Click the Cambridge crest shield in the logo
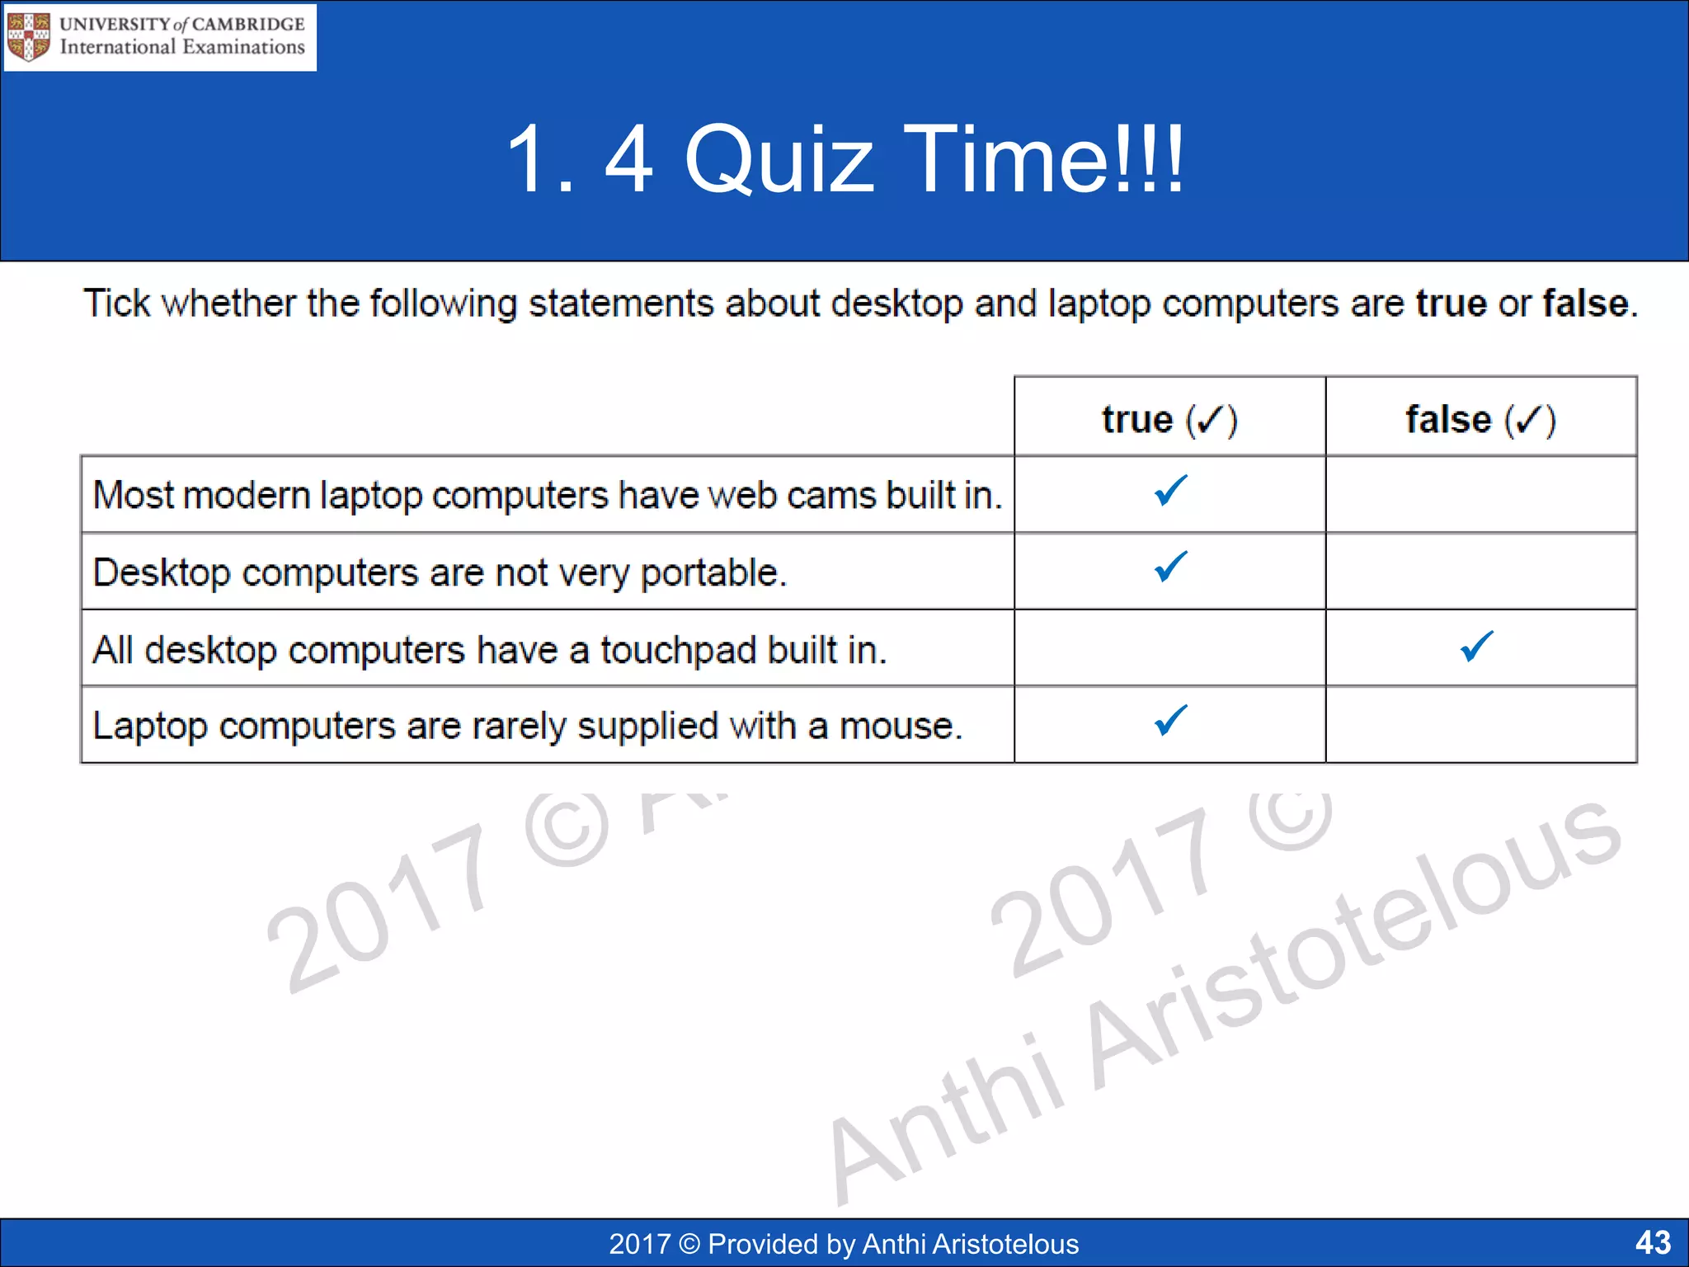(29, 37)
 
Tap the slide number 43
(1653, 1242)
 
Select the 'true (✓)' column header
(1169, 419)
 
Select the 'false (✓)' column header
(1480, 419)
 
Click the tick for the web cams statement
(1170, 491)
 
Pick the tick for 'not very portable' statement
(1170, 567)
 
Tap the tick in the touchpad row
(1476, 646)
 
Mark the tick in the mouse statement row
(1170, 720)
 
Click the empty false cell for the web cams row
(1481, 494)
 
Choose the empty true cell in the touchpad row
(1169, 648)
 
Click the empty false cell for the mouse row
(1481, 725)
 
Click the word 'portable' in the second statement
(713, 573)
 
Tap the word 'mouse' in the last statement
(899, 727)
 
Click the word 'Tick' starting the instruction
(116, 304)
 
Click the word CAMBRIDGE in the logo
(247, 24)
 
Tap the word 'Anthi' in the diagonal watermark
(948, 1114)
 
